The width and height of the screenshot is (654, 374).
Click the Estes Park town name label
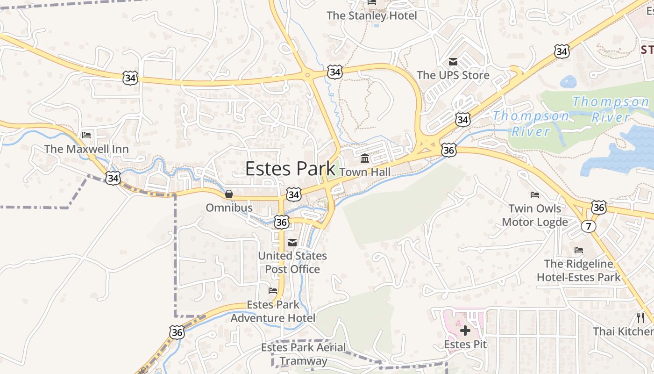[290, 169]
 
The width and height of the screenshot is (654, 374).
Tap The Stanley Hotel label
[372, 15]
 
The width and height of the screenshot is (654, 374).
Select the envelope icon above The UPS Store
[453, 62]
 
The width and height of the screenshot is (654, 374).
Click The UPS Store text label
[453, 75]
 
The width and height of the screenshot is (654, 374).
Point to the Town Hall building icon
[365, 159]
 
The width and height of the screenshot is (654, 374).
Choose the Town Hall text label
[365, 172]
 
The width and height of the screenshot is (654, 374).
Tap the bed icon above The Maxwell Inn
[86, 135]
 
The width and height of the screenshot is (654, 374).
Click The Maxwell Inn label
[86, 149]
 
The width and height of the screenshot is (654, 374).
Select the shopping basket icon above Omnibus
[229, 194]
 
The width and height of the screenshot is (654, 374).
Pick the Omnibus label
[229, 208]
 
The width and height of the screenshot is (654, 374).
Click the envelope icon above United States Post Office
[292, 242]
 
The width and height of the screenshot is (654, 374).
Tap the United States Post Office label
[292, 262]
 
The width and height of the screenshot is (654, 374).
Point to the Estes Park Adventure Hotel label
[273, 311]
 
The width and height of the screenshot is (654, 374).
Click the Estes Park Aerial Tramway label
[304, 354]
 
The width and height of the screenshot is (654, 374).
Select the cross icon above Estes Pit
[465, 331]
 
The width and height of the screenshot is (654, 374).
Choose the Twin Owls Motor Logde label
[535, 215]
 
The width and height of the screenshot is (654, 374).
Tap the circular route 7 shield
[589, 226]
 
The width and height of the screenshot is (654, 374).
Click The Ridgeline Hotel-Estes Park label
[579, 271]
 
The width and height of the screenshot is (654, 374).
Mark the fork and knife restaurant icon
[640, 318]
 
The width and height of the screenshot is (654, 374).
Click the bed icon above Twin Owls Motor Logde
[535, 194]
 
